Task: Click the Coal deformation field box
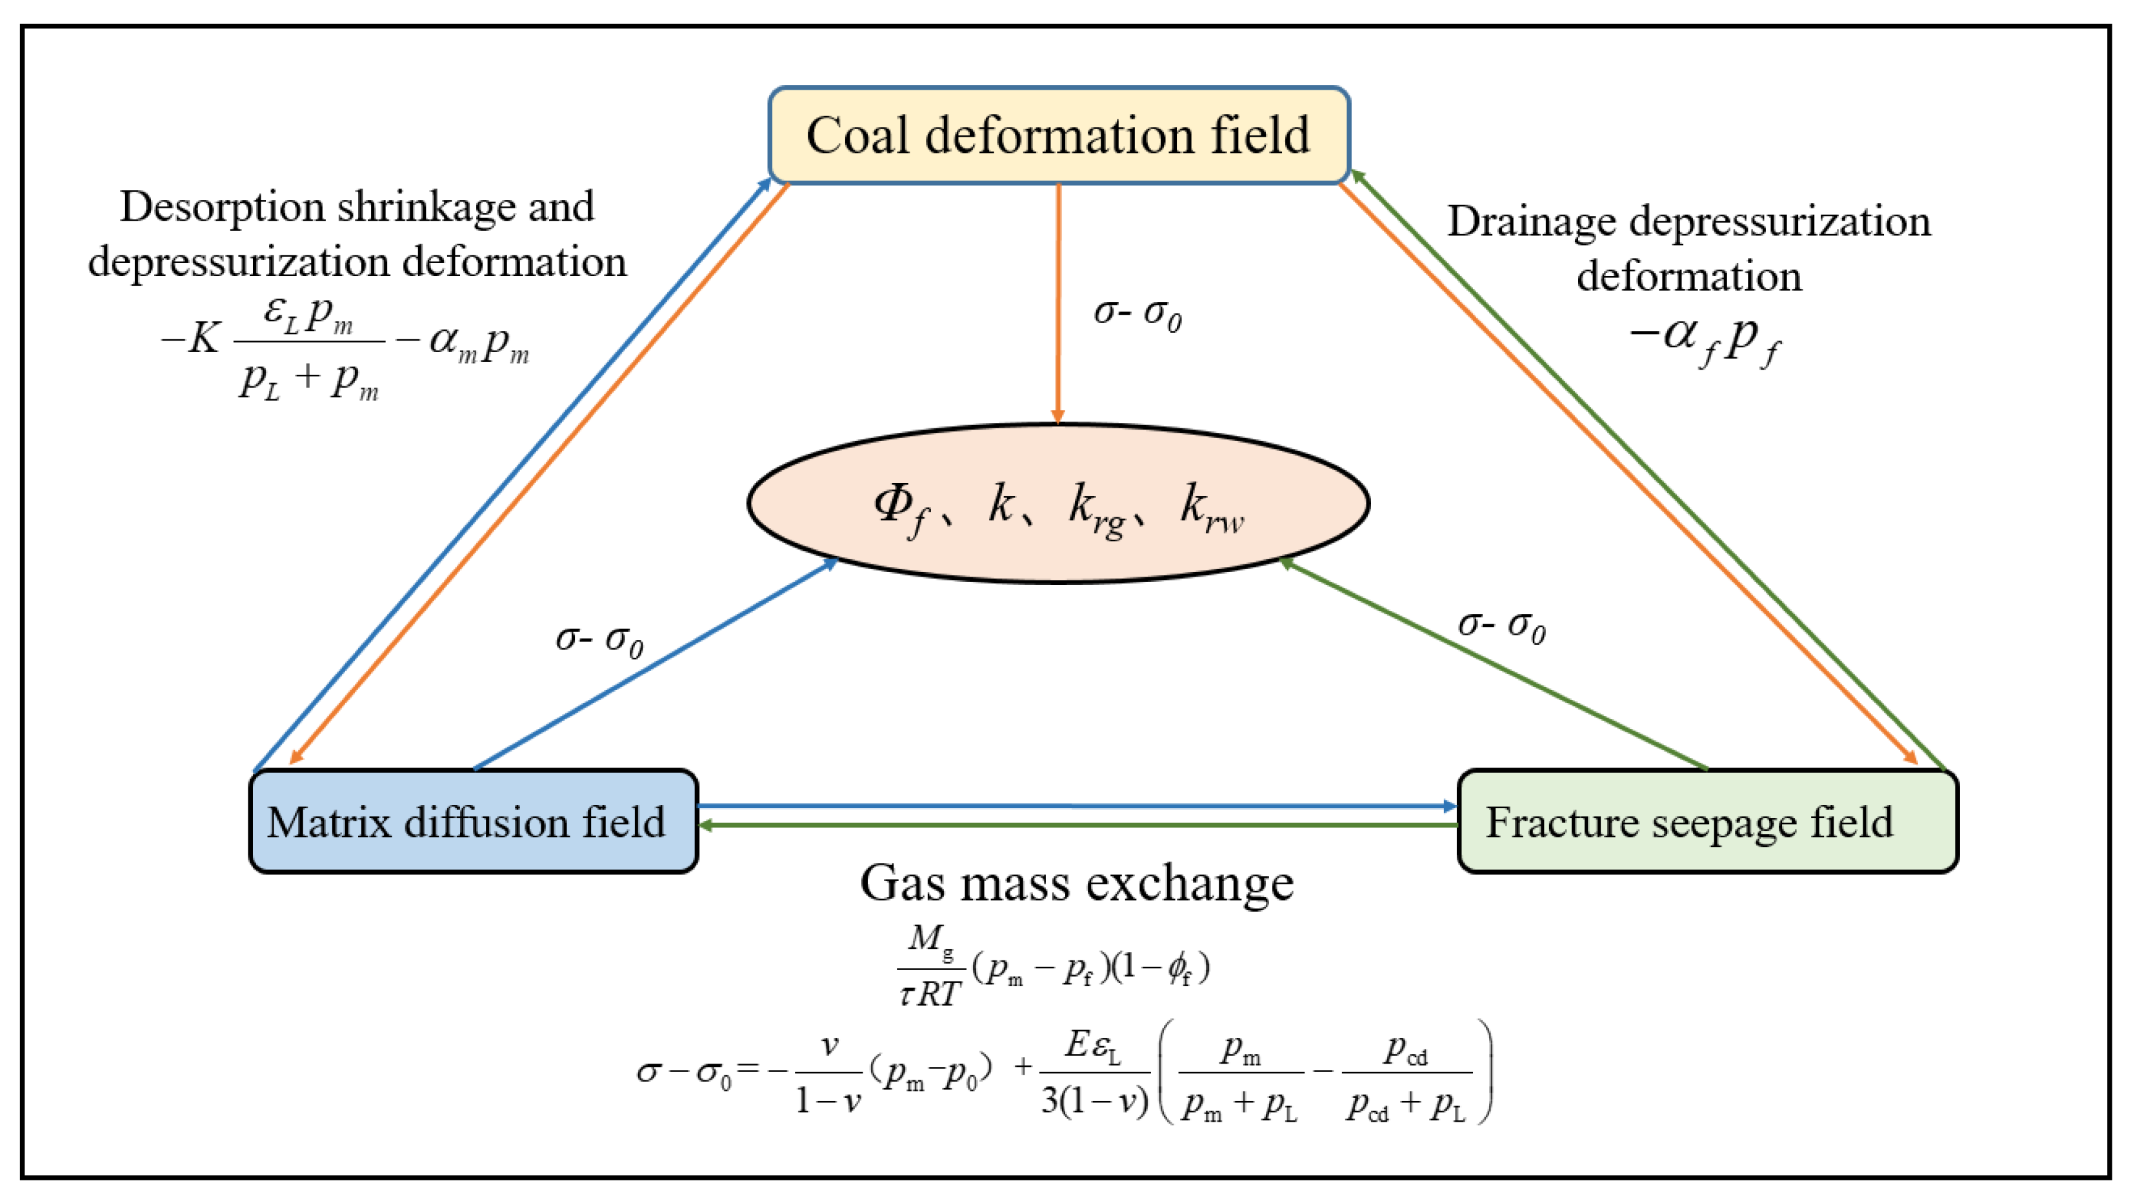(1058, 135)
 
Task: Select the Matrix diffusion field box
(473, 821)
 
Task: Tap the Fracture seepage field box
(1707, 821)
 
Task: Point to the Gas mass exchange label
(1076, 882)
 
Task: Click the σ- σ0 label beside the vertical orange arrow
(1137, 313)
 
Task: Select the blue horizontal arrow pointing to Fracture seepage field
(1076, 806)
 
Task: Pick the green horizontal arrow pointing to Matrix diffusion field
(1076, 825)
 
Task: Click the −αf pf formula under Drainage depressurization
(1704, 339)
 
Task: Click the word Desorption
(222, 207)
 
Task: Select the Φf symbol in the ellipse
(900, 506)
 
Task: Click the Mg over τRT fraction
(931, 965)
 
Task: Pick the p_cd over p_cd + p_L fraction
(1406, 1073)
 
